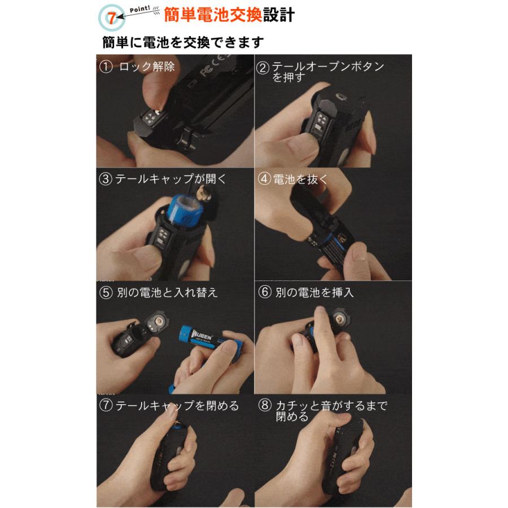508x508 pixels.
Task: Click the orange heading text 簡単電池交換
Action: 213,15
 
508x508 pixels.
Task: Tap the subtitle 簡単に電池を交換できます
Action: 183,43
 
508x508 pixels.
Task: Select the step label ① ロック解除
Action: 137,67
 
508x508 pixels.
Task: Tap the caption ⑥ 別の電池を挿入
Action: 314,292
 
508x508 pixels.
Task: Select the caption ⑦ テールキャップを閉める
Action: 169,406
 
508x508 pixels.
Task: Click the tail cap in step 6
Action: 339,321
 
